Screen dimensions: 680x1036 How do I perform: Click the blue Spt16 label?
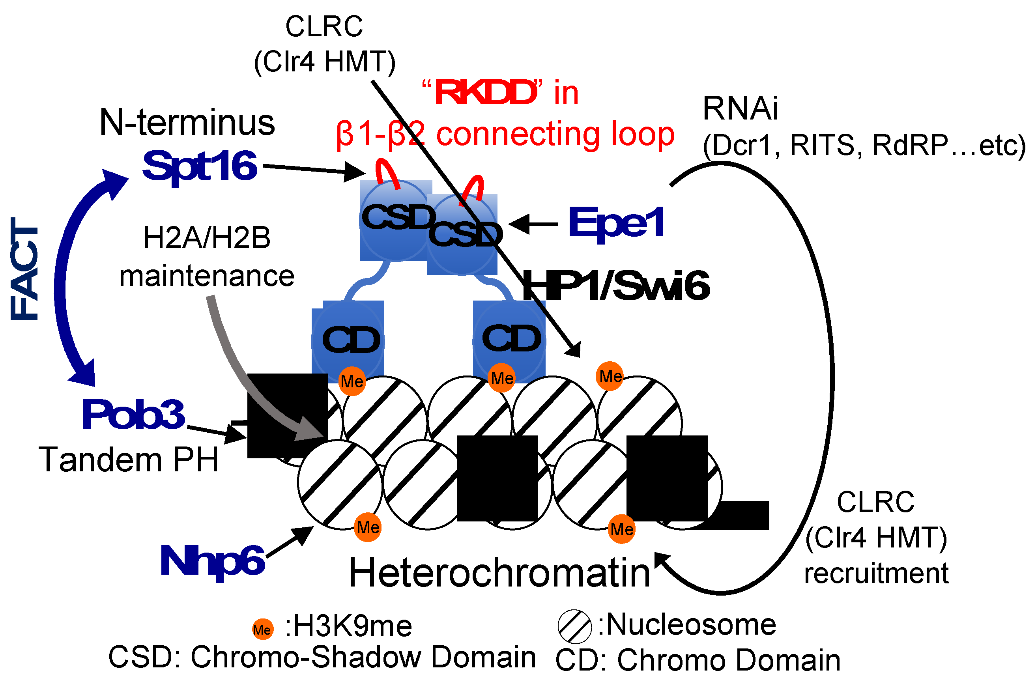click(199, 167)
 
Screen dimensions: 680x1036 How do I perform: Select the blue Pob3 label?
click(134, 415)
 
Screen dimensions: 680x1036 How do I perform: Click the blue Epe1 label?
click(616, 223)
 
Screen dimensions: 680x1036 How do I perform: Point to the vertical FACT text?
click(25, 269)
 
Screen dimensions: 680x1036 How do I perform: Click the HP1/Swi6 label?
click(615, 286)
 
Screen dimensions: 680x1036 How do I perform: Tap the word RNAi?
click(740, 108)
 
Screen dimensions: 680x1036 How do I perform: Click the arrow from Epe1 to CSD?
click(534, 224)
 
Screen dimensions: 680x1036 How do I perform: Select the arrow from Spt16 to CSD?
click(313, 169)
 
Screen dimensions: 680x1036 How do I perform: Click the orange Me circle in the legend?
click(262, 630)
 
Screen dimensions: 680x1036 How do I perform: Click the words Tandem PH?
click(128, 460)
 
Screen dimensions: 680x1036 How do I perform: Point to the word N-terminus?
click(187, 123)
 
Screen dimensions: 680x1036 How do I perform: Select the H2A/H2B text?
click(207, 238)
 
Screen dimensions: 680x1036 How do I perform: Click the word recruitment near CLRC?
click(876, 574)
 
